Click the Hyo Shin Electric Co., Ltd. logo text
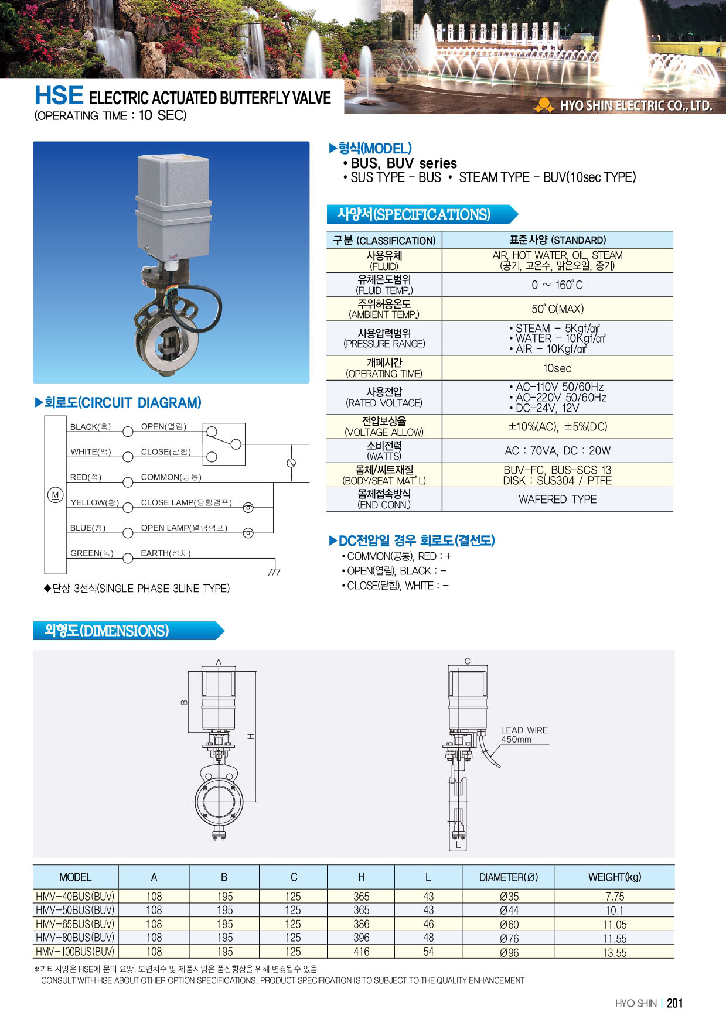tap(636, 106)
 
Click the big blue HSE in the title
tap(59, 95)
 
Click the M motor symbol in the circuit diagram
tap(55, 495)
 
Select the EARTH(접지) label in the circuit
tap(165, 553)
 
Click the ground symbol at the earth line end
tap(274, 572)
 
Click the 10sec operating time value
tap(557, 368)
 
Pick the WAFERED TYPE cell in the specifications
tap(557, 500)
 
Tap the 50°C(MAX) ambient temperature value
tap(557, 309)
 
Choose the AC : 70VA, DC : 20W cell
tap(557, 451)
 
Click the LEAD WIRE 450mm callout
tap(524, 734)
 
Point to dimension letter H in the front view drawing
tap(251, 736)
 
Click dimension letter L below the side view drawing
tap(458, 845)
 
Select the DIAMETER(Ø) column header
tap(508, 877)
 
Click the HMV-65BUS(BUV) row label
tap(75, 924)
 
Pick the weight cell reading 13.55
tap(614, 953)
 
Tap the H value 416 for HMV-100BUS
tap(362, 952)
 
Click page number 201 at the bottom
tap(675, 1003)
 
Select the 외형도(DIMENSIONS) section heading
tap(107, 631)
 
